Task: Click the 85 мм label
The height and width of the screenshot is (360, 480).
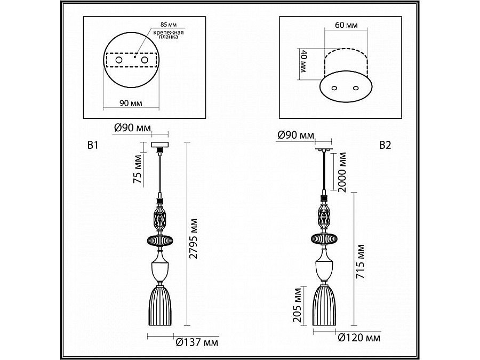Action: pos(169,25)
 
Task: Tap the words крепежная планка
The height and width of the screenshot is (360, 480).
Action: pos(169,35)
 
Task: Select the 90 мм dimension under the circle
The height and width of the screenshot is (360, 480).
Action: pos(131,103)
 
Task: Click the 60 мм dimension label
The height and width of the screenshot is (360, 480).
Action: pos(346,25)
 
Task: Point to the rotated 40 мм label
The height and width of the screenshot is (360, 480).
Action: pos(303,61)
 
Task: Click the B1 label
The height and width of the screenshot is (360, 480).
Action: pos(93,145)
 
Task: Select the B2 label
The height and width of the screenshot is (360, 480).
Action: pos(386,145)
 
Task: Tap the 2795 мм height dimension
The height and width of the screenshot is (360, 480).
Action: pos(193,239)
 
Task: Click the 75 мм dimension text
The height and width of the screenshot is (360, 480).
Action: pos(138,169)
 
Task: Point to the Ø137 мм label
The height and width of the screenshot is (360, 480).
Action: pos(197,342)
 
